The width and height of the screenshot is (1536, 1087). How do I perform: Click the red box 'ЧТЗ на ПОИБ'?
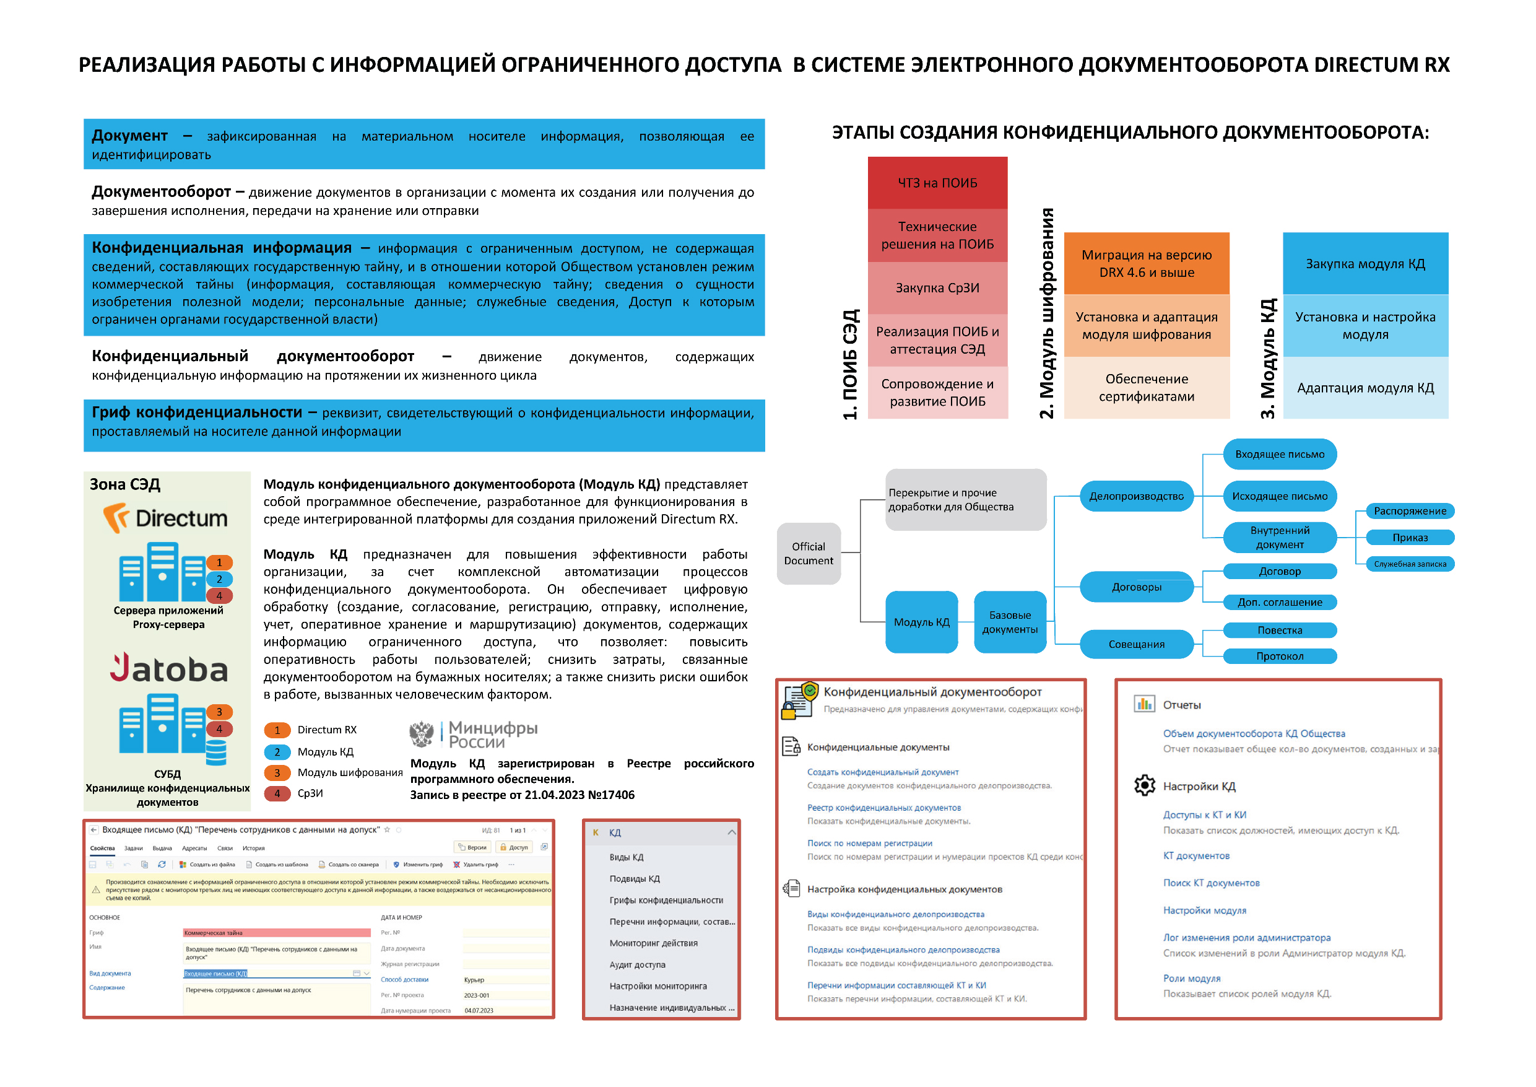click(x=937, y=183)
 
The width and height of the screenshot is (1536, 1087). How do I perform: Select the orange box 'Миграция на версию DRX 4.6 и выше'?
click(x=1146, y=263)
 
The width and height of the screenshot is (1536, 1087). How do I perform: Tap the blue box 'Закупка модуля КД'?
click(x=1365, y=263)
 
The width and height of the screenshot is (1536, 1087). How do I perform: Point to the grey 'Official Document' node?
click(x=808, y=553)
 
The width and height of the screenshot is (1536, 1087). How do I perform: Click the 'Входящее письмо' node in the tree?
click(x=1279, y=454)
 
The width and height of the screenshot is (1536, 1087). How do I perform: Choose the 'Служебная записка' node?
click(x=1410, y=564)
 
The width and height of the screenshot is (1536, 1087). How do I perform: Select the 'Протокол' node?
click(x=1279, y=656)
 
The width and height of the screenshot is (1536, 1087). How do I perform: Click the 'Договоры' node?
click(x=1136, y=587)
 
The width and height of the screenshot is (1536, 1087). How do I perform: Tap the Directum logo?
click(x=165, y=518)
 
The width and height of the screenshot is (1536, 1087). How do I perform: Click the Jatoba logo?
click(x=168, y=669)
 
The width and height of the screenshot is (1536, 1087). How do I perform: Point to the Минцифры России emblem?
click(x=422, y=734)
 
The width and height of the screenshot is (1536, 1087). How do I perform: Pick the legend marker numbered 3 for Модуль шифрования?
click(x=277, y=772)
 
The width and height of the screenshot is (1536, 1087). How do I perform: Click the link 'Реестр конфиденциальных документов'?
click(x=883, y=807)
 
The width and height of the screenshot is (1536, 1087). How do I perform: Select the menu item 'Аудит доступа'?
click(x=637, y=964)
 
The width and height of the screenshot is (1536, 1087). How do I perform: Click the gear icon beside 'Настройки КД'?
click(x=1144, y=785)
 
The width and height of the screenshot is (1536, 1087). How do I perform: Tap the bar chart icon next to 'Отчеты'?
click(x=1144, y=704)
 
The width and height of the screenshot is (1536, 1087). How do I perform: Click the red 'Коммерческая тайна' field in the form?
click(x=276, y=932)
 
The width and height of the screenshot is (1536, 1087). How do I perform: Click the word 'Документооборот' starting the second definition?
click(x=160, y=192)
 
